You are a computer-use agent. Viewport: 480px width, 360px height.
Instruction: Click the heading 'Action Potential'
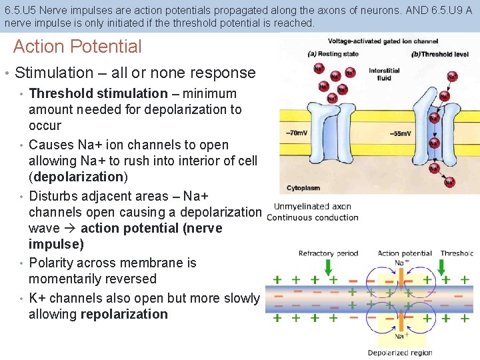77,47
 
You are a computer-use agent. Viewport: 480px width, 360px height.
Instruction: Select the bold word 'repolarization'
124,314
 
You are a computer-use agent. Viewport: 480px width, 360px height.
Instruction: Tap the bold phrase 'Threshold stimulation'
98,93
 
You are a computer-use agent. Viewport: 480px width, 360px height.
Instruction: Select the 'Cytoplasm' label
303,187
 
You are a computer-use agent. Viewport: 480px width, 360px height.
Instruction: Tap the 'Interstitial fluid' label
383,74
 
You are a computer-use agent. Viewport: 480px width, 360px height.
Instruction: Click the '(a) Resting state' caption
333,54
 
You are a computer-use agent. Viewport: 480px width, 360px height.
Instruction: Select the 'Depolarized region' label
400,353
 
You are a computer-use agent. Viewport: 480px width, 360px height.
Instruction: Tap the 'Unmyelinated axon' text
312,207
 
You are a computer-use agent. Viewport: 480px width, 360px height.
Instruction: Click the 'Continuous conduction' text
312,217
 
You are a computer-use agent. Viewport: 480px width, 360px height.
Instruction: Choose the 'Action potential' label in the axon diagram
405,253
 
